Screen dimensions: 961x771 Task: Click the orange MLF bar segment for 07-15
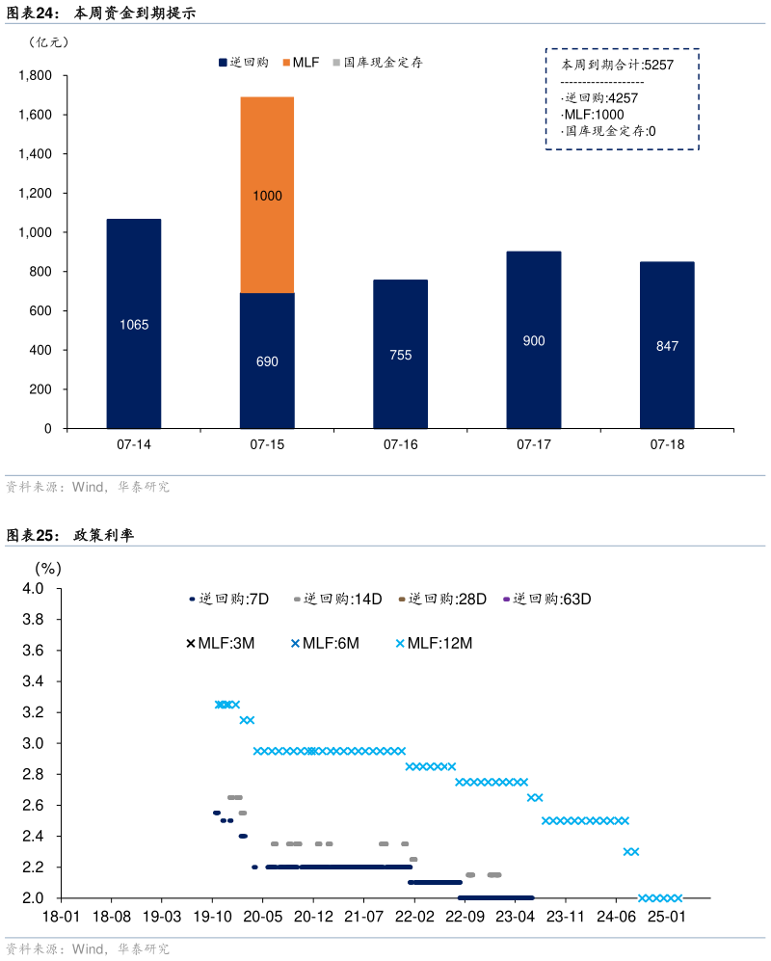pyautogui.click(x=267, y=195)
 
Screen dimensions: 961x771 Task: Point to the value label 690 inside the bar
pyautogui.click(x=267, y=361)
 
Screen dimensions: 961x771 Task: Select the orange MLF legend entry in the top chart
pyautogui.click(x=301, y=63)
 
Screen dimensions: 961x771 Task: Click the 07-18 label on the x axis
pyautogui.click(x=667, y=445)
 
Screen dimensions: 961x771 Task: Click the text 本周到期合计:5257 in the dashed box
pyautogui.click(x=617, y=65)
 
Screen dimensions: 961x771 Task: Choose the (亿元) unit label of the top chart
pyautogui.click(x=49, y=41)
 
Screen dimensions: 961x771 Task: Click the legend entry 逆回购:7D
pyautogui.click(x=228, y=599)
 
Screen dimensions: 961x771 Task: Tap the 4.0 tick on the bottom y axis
pyautogui.click(x=33, y=589)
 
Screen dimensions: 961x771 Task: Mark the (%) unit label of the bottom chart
pyautogui.click(x=48, y=569)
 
